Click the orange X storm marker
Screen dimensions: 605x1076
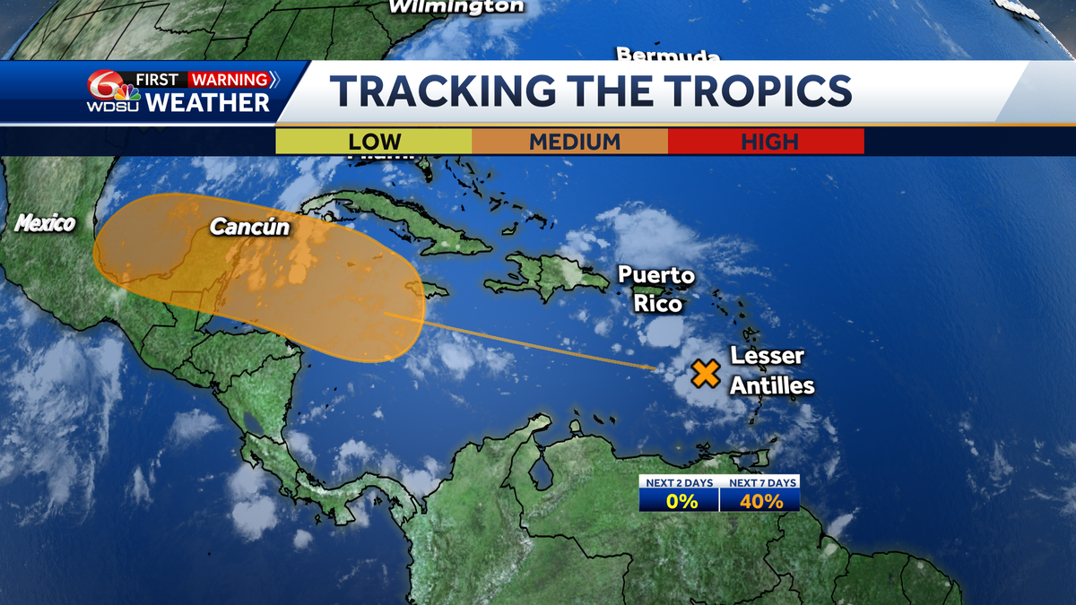707,373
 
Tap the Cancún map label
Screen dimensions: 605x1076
250,228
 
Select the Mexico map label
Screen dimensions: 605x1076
44,224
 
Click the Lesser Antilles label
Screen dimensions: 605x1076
772,370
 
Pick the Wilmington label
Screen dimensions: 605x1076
456,6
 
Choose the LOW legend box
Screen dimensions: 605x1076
374,142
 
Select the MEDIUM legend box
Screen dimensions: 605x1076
574,142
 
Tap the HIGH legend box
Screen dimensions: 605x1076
769,142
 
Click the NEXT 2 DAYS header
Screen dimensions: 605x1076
680,482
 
